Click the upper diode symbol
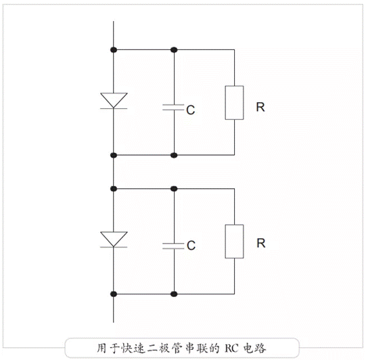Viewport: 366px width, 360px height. pyautogui.click(x=114, y=101)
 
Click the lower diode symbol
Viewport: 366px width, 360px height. pyautogui.click(x=114, y=240)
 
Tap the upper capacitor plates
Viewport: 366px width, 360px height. pyautogui.click(x=173, y=107)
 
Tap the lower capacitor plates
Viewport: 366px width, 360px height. pyautogui.click(x=173, y=246)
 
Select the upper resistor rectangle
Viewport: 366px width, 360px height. pyautogui.click(x=234, y=103)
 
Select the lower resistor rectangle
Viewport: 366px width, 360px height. pyautogui.click(x=234, y=242)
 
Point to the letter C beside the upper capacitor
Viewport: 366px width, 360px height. pyautogui.click(x=191, y=110)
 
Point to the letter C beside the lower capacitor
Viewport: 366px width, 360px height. pyautogui.click(x=191, y=246)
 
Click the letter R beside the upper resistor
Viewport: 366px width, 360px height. pyautogui.click(x=260, y=107)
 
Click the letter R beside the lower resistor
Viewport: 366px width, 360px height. pyautogui.click(x=261, y=243)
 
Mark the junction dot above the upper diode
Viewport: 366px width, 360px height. pyautogui.click(x=114, y=49)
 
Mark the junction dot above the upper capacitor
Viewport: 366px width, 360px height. pyautogui.click(x=174, y=49)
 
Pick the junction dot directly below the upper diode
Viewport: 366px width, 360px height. pyautogui.click(x=114, y=155)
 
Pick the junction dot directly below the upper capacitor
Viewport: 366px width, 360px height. pyautogui.click(x=174, y=155)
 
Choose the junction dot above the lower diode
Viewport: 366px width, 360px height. pyautogui.click(x=114, y=189)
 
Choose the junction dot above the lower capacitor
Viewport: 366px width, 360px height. pyautogui.click(x=174, y=189)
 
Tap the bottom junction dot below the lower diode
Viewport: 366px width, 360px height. pyautogui.click(x=114, y=294)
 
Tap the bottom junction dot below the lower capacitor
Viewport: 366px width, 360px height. pyautogui.click(x=174, y=294)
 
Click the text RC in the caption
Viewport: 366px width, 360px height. pyautogui.click(x=231, y=348)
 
